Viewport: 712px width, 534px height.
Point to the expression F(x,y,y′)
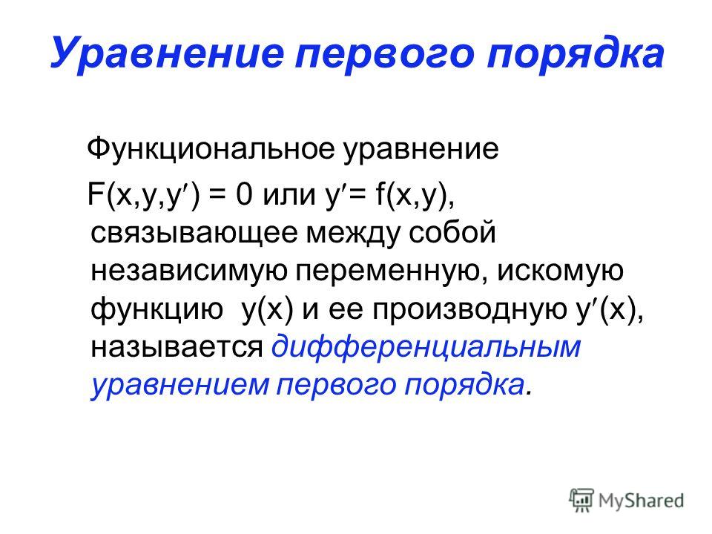click(143, 195)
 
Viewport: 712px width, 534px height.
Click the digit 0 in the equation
click(243, 195)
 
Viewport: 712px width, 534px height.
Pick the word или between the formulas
click(289, 196)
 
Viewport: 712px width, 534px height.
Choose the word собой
click(452, 231)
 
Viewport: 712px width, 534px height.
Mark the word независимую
click(189, 272)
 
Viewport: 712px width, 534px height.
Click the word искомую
click(561, 271)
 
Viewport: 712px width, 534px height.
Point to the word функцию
click(157, 311)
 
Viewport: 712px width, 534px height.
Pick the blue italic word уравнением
click(180, 386)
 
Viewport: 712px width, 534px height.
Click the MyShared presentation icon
click(581, 501)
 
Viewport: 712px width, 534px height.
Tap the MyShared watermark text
click(641, 501)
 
